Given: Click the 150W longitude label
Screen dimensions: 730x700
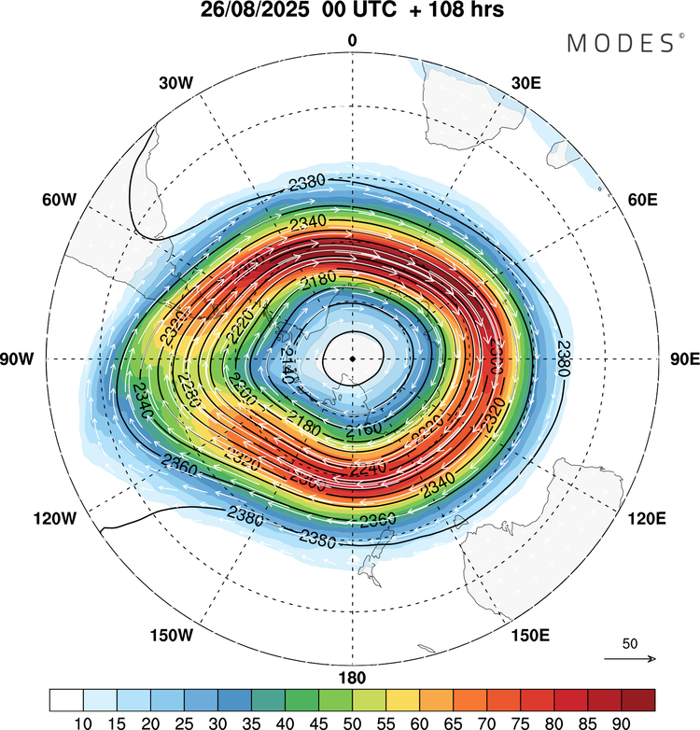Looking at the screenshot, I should [171, 636].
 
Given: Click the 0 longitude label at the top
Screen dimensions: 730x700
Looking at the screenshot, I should [352, 40].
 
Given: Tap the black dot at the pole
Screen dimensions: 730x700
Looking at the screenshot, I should [352, 358].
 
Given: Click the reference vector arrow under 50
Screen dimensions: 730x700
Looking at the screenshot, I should [630, 659].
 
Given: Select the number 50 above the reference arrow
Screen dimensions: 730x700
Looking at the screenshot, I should [630, 644].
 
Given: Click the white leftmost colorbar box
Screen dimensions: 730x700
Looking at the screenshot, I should [66, 699].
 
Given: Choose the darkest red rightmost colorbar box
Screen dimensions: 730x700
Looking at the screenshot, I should [637, 699].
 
